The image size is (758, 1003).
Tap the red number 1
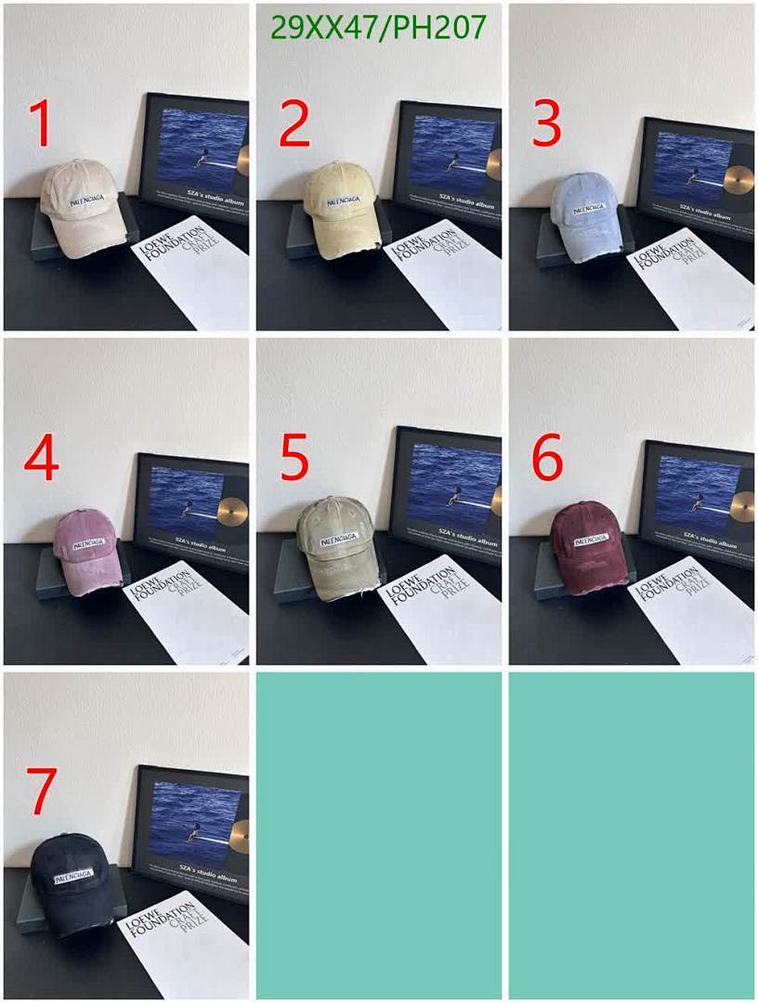tap(40, 124)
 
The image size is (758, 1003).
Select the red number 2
tap(294, 124)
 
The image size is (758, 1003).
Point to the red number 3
tap(547, 124)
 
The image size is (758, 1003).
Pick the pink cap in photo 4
tap(85, 552)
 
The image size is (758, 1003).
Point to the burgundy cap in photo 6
tap(587, 547)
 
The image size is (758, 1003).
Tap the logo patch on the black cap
tap(73, 876)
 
